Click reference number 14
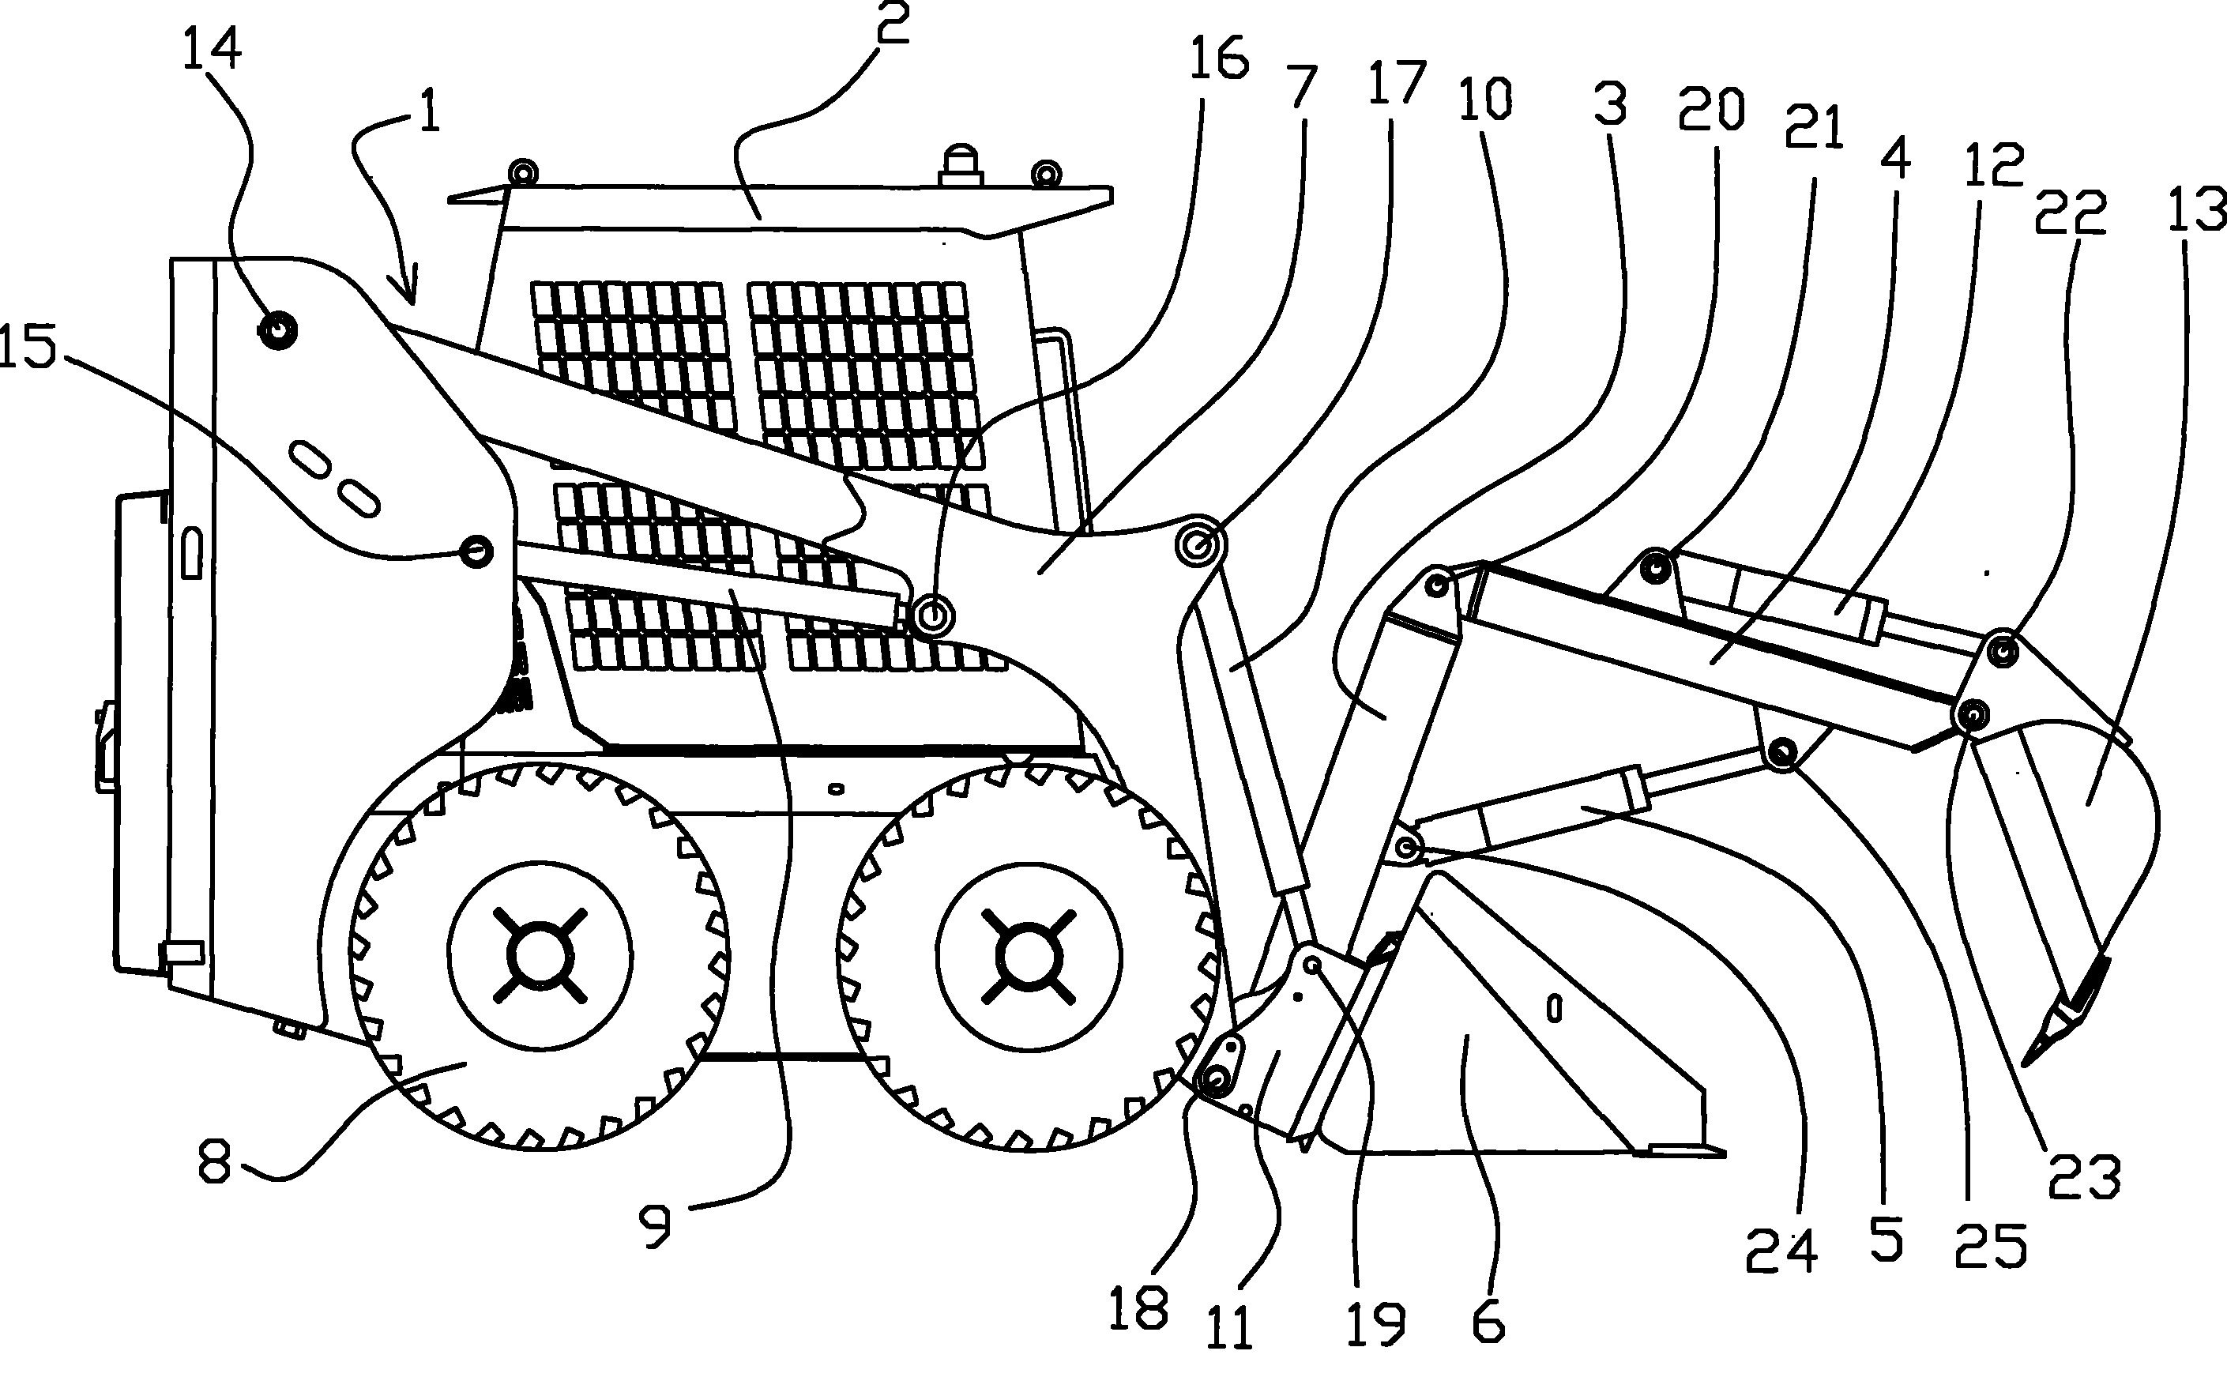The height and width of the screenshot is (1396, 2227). coord(212,48)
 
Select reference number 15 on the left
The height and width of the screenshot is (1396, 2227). coord(28,348)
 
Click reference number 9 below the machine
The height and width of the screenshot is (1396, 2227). coord(656,1227)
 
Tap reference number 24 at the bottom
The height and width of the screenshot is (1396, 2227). coord(1781,1251)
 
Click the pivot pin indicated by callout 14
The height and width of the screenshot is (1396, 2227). coord(277,329)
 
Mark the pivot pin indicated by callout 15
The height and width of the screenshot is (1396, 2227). coord(476,551)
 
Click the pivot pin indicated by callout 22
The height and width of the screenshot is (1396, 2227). coord(2002,653)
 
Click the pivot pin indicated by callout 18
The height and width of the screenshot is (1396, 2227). coord(1215,1078)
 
